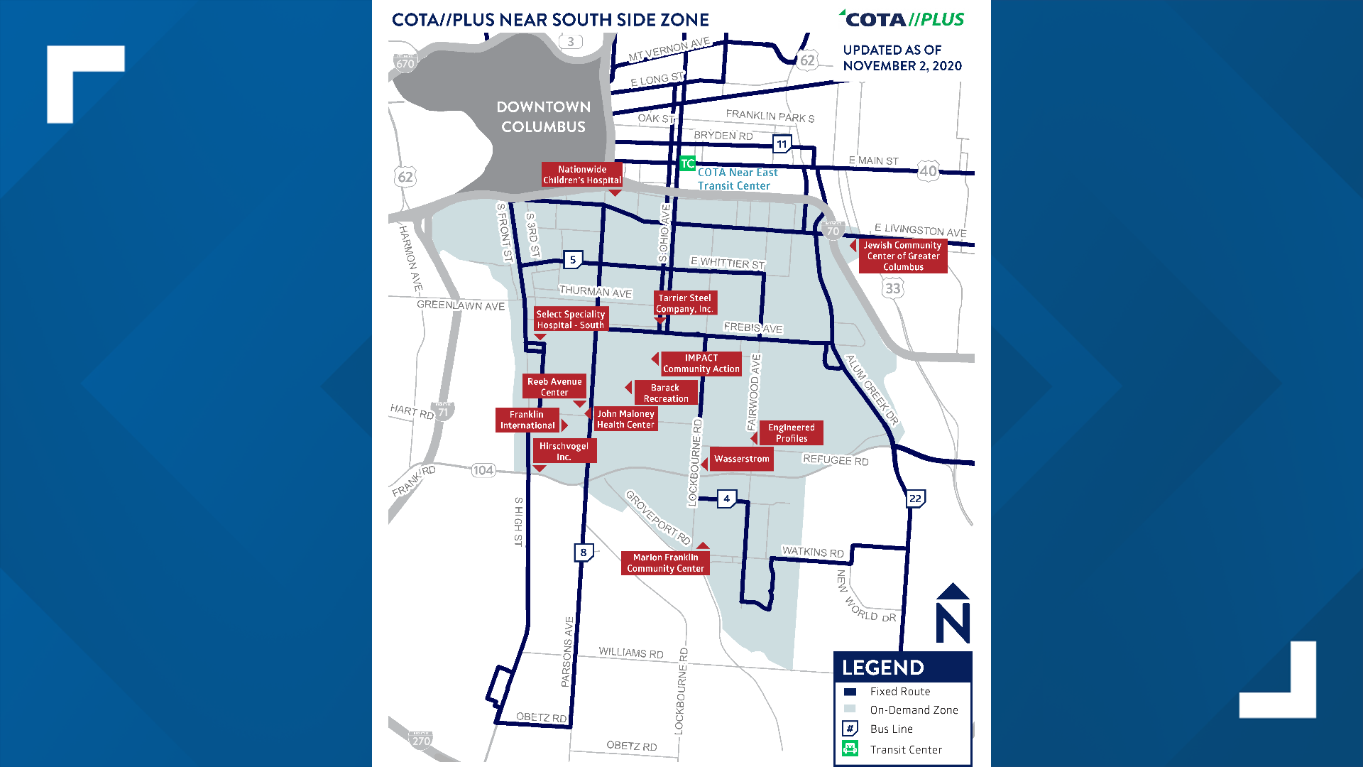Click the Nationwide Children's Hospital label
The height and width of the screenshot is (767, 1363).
click(582, 175)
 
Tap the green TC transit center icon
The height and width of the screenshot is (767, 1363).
click(687, 164)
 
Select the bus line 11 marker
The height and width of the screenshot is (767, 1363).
click(782, 144)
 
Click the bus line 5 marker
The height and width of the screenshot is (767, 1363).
click(573, 260)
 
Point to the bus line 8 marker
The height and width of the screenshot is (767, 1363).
click(584, 553)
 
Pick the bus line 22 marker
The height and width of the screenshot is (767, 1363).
click(915, 499)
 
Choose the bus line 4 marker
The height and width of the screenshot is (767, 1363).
click(726, 499)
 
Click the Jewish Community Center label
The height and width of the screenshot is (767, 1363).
click(903, 256)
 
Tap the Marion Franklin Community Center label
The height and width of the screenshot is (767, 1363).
click(665, 563)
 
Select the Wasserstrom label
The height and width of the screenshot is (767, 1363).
click(741, 459)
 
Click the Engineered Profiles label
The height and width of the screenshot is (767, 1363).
click(792, 433)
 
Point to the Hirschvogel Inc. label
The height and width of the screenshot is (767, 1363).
click(564, 452)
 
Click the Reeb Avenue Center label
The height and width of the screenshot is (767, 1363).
click(554, 386)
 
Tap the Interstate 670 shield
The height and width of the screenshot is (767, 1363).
click(405, 63)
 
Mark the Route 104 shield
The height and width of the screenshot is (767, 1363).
click(483, 470)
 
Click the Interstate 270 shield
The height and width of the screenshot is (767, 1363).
click(421, 740)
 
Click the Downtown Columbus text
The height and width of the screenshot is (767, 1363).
click(543, 116)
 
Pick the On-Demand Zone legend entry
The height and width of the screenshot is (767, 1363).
click(914, 709)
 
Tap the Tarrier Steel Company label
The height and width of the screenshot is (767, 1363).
click(685, 303)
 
